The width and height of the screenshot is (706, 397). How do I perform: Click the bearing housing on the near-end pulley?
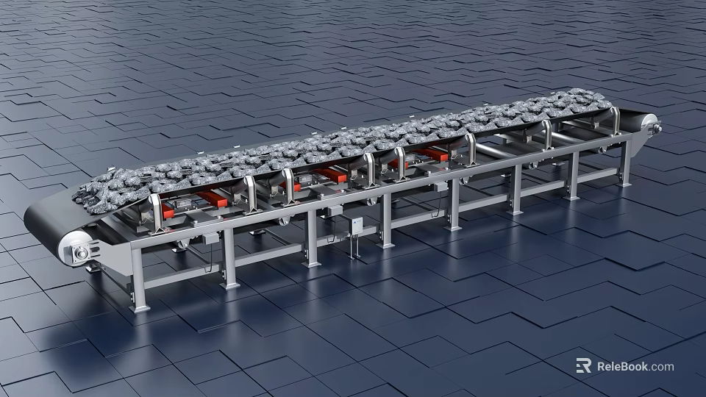[x=80, y=254]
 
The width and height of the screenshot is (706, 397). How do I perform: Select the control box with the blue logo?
[x=357, y=227]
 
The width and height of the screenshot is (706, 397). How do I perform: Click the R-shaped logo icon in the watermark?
[x=583, y=365]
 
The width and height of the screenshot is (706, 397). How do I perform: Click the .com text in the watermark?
[x=661, y=366]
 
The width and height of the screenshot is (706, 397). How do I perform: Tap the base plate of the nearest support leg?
[x=139, y=308]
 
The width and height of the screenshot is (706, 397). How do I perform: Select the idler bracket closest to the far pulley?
[x=615, y=121]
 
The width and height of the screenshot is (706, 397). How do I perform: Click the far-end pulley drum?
[x=641, y=122]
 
